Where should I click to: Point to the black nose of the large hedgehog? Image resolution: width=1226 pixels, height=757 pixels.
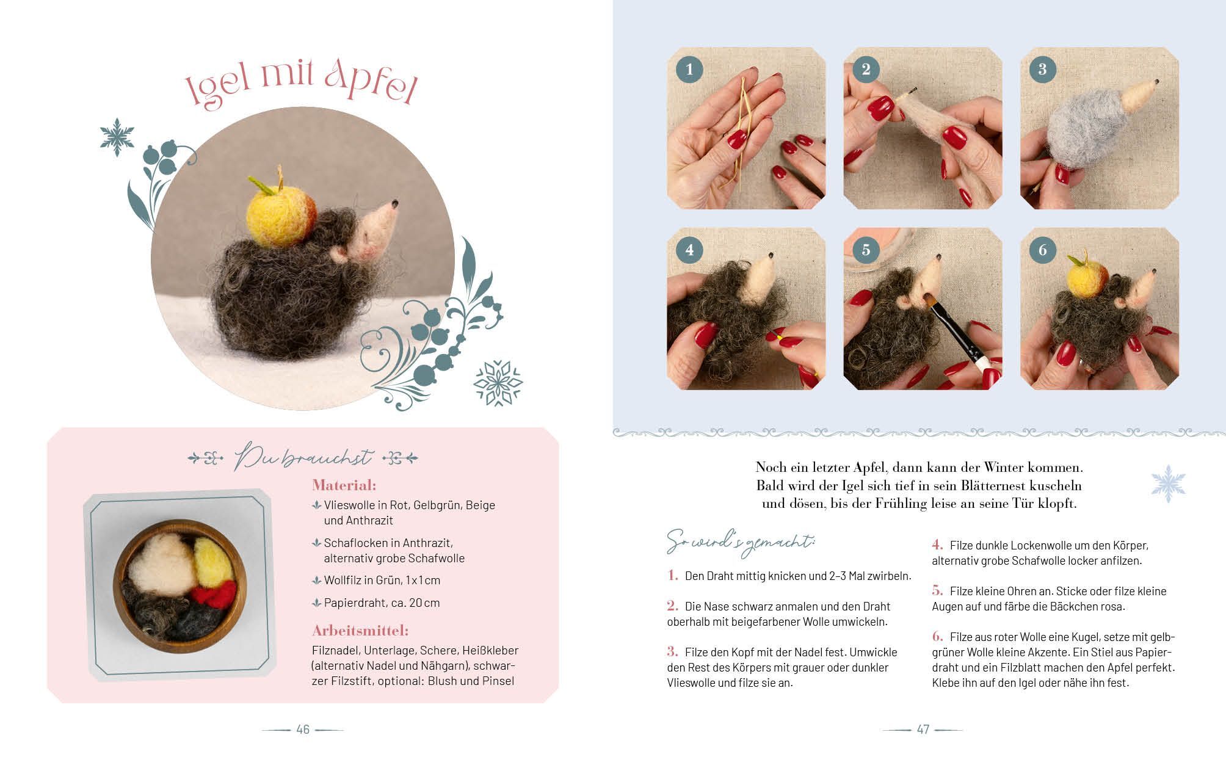(x=396, y=203)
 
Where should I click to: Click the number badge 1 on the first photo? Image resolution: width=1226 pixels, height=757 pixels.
(x=689, y=70)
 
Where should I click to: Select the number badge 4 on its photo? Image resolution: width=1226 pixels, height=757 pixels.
(x=689, y=250)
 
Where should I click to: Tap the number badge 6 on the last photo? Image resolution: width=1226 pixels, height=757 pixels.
(x=1042, y=250)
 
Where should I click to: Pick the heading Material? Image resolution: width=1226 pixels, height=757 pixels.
(x=344, y=485)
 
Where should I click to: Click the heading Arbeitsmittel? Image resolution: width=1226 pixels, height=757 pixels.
(x=360, y=631)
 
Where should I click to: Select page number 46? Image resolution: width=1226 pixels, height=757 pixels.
(x=303, y=730)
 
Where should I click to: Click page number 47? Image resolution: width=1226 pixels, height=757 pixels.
(x=923, y=730)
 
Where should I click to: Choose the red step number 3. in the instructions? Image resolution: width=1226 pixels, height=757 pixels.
(x=673, y=651)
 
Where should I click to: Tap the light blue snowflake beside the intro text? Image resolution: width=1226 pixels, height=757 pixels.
(x=1168, y=484)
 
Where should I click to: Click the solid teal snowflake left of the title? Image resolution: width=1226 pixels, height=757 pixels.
(x=117, y=137)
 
